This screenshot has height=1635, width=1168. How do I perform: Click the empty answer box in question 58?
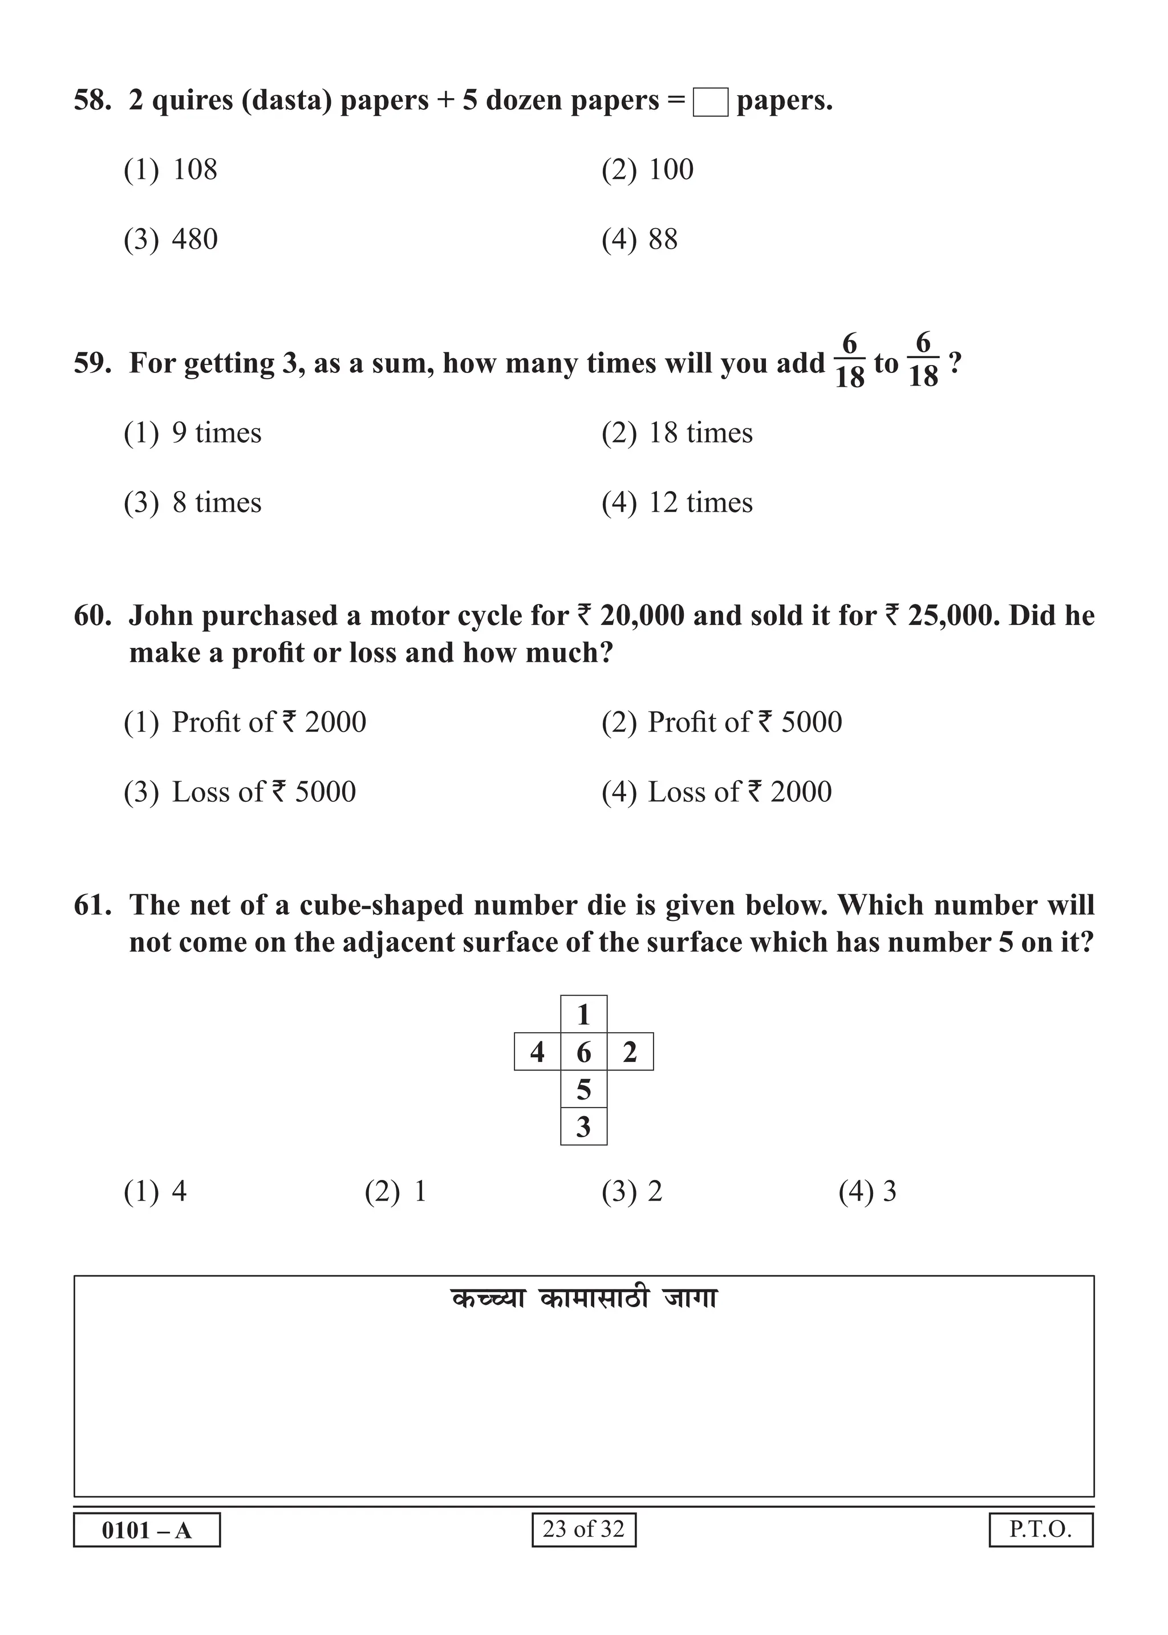pos(710,102)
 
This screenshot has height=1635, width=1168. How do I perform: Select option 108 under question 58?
pos(194,170)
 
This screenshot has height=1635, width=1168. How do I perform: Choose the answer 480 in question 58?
pos(194,240)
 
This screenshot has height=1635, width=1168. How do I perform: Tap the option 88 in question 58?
pos(662,240)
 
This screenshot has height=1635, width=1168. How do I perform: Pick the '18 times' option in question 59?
pos(700,433)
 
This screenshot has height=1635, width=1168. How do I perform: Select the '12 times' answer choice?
pos(700,502)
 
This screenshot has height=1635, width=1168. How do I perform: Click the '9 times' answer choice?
pos(216,433)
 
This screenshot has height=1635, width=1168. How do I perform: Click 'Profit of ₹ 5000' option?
pos(744,723)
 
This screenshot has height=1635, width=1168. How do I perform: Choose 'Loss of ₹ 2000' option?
pos(739,792)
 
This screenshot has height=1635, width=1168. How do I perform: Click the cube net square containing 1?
pos(583,1015)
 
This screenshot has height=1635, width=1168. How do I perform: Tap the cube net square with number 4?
pos(537,1052)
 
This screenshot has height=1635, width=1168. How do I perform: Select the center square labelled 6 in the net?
pos(583,1052)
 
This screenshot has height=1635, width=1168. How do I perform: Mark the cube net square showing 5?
pos(583,1089)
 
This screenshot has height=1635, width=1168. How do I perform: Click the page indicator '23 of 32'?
pos(583,1528)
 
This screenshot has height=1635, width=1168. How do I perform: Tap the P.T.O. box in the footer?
pos(1040,1528)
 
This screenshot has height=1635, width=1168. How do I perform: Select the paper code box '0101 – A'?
pos(147,1529)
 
